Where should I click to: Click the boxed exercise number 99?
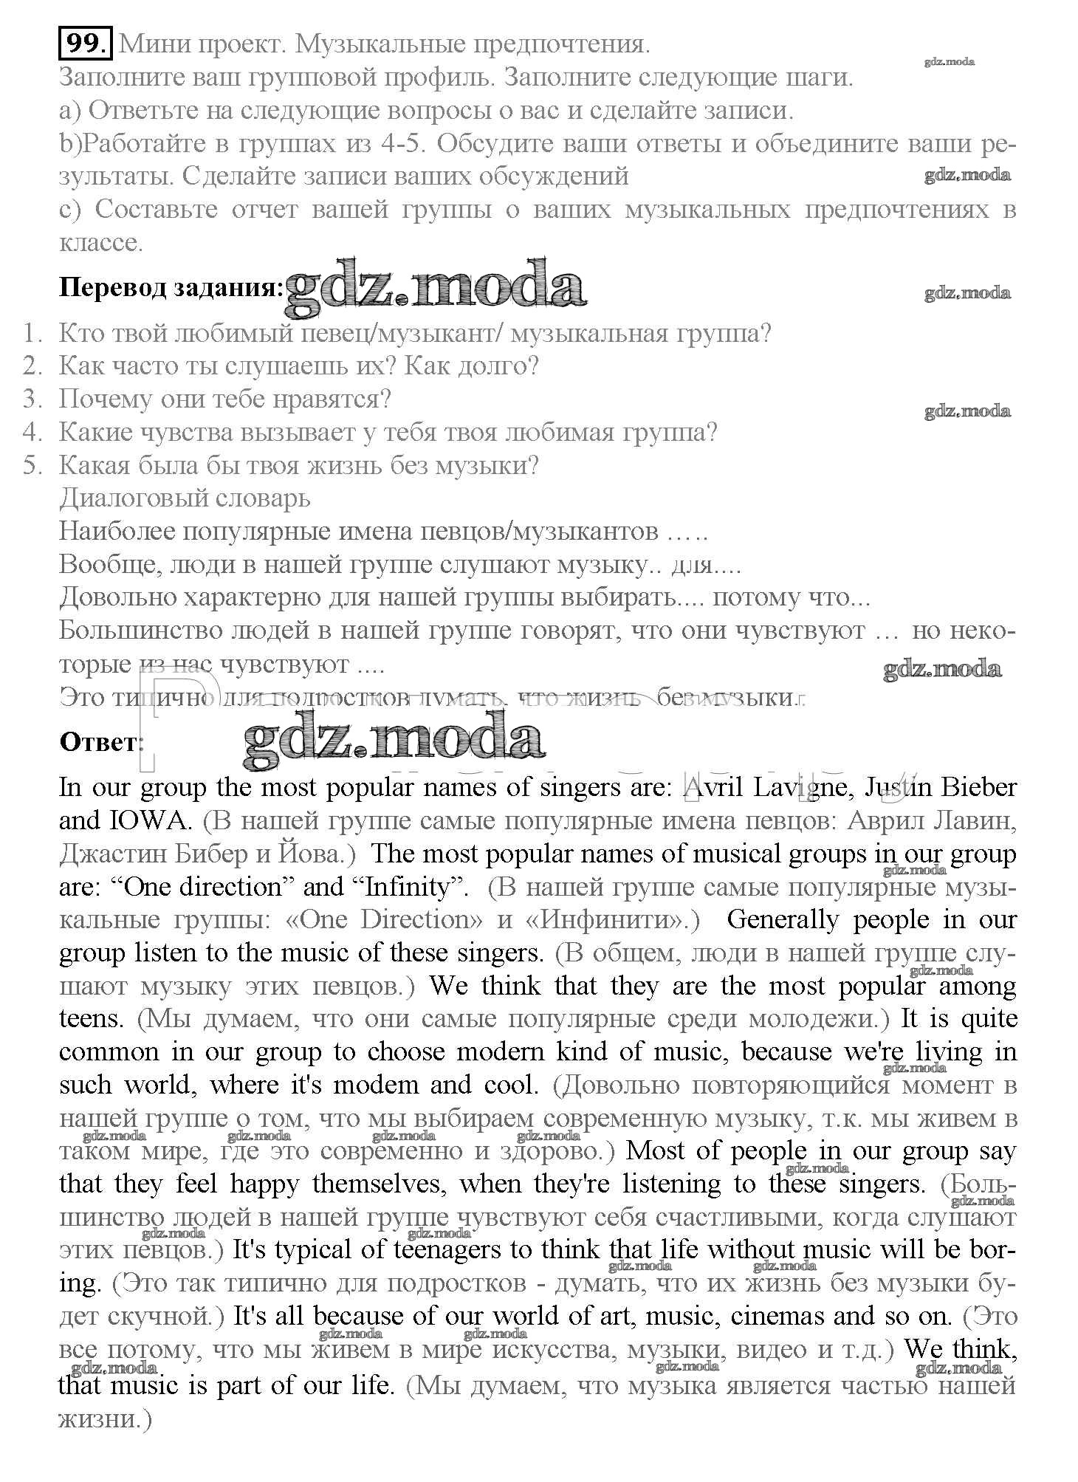pyautogui.click(x=85, y=44)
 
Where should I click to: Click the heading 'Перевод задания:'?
pyautogui.click(x=171, y=287)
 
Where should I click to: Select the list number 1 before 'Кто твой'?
pyautogui.click(x=32, y=334)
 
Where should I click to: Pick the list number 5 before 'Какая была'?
pyautogui.click(x=32, y=466)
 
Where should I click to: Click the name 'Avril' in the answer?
pyautogui.click(x=713, y=787)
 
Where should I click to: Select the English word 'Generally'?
pyautogui.click(x=783, y=920)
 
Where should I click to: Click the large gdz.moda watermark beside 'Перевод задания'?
pyautogui.click(x=436, y=284)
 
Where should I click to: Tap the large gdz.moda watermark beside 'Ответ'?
pyautogui.click(x=394, y=738)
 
